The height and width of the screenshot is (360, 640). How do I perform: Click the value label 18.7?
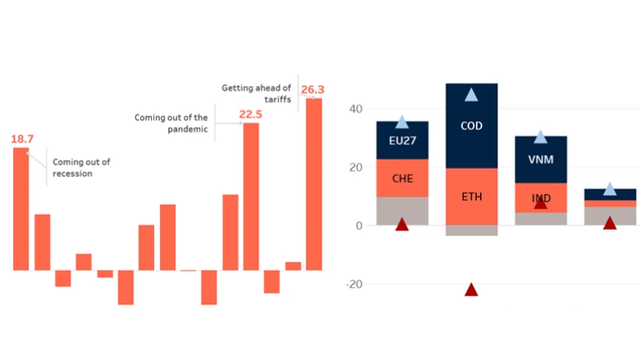22,139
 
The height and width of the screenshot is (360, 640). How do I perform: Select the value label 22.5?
250,114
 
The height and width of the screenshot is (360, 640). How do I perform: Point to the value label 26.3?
313,89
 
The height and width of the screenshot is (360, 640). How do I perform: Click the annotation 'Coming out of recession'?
81,167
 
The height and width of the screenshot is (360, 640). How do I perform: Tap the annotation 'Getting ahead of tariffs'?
256,93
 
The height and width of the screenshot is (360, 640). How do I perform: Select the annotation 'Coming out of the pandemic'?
171,123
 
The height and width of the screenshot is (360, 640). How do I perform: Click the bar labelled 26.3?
313,185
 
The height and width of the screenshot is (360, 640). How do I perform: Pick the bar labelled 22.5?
251,197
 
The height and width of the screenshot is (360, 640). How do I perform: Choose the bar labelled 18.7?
21,209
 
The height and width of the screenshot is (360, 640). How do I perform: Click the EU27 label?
402,141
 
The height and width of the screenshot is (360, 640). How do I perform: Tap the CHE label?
402,178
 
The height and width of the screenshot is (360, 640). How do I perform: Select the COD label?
471,126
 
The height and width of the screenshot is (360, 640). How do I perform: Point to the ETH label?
471,197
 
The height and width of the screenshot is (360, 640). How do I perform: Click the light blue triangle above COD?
471,95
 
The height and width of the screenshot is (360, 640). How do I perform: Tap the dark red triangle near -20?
471,289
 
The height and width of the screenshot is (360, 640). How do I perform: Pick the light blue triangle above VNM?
540,137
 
